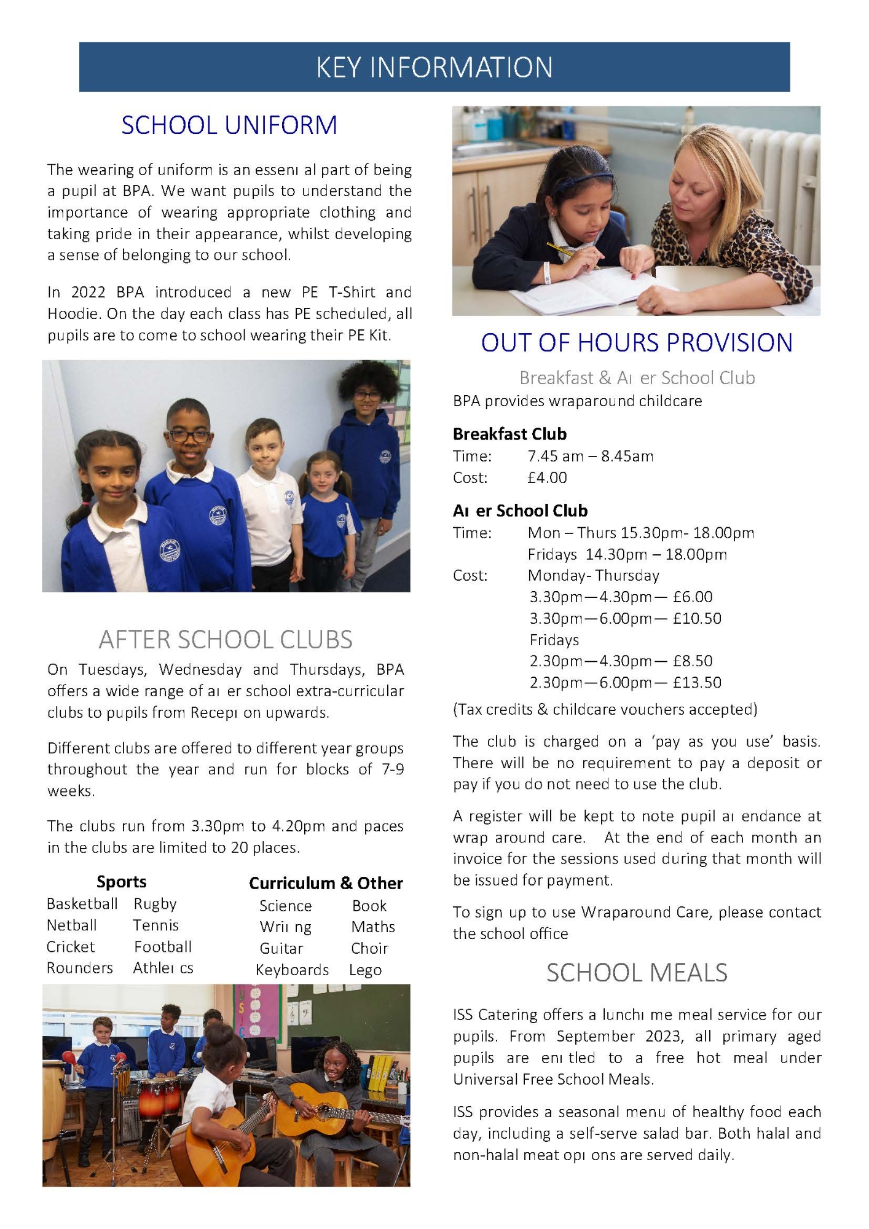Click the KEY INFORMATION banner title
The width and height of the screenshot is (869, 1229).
click(x=434, y=67)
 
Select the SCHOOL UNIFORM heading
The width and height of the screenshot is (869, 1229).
click(x=229, y=125)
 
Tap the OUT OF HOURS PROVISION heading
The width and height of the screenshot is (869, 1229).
click(x=637, y=343)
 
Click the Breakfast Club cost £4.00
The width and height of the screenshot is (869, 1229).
click(x=547, y=477)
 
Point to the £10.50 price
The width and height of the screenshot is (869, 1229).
click(x=697, y=618)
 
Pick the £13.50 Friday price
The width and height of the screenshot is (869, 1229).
click(x=697, y=683)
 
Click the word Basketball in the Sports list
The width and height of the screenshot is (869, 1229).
click(x=82, y=904)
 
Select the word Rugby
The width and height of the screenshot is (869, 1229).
click(x=155, y=904)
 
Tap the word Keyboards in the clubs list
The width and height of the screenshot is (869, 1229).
click(x=292, y=970)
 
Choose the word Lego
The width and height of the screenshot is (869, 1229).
click(x=365, y=970)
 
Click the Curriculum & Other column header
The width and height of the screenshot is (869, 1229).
click(x=326, y=883)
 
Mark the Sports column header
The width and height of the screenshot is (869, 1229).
click(x=121, y=882)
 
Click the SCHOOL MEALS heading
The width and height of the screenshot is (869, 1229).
click(x=637, y=973)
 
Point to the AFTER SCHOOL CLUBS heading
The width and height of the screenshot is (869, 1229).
click(x=226, y=640)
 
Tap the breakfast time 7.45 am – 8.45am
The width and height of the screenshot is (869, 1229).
click(x=590, y=456)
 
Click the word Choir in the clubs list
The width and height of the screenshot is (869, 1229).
click(x=369, y=949)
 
